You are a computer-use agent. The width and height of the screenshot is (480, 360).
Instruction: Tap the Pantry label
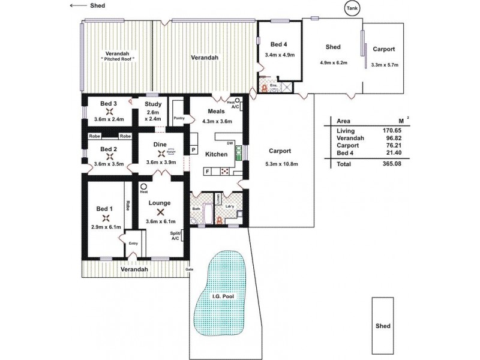pyautogui.click(x=178, y=118)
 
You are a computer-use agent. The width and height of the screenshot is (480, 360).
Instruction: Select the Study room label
pyautogui.click(x=153, y=104)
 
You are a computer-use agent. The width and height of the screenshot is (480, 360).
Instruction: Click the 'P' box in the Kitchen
pyautogui.click(x=194, y=149)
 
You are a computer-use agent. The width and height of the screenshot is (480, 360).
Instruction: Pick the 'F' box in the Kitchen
pyautogui.click(x=208, y=172)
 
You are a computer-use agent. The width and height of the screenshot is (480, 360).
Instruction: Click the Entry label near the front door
pyautogui.click(x=133, y=243)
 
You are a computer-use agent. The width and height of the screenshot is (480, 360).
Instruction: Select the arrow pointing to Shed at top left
pyautogui.click(x=78, y=5)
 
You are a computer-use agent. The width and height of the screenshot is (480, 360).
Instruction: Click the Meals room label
pyautogui.click(x=217, y=111)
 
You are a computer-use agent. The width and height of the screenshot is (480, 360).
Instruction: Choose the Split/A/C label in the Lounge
pyautogui.click(x=175, y=236)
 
